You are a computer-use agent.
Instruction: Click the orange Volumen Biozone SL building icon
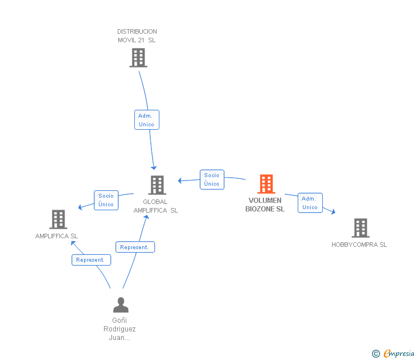pyautogui.click(x=266, y=184)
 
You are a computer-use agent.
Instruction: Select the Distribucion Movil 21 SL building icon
pyautogui.click(x=138, y=58)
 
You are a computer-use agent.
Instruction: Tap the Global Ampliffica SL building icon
pyautogui.click(x=157, y=185)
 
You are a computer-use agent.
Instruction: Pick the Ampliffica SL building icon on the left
pyautogui.click(x=58, y=219)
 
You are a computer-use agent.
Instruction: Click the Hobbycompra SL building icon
pyautogui.click(x=360, y=228)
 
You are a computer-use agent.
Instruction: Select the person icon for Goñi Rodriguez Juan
pyautogui.click(x=121, y=305)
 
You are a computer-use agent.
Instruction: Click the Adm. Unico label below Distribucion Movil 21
pyautogui.click(x=146, y=120)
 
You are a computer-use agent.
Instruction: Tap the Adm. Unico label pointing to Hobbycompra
pyautogui.click(x=310, y=203)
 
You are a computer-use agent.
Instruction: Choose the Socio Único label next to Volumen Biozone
pyautogui.click(x=211, y=179)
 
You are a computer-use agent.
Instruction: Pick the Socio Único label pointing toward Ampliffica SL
pyautogui.click(x=106, y=200)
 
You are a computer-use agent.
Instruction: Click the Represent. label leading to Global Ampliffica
pyautogui.click(x=135, y=247)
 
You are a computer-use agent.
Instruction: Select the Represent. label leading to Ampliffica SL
pyautogui.click(x=91, y=260)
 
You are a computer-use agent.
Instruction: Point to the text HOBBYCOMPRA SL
pyautogui.click(x=359, y=245)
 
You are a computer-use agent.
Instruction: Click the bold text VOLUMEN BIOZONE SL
pyautogui.click(x=265, y=205)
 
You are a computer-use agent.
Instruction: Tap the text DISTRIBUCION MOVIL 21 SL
pyautogui.click(x=137, y=36)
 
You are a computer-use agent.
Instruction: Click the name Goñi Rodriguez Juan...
pyautogui.click(x=119, y=329)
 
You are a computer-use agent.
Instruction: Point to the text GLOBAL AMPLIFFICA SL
pyautogui.click(x=155, y=206)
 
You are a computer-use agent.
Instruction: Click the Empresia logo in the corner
pyautogui.click(x=399, y=354)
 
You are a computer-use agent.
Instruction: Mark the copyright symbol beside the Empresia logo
pyautogui.click(x=375, y=354)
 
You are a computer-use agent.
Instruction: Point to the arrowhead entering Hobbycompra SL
pyautogui.click(x=333, y=213)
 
